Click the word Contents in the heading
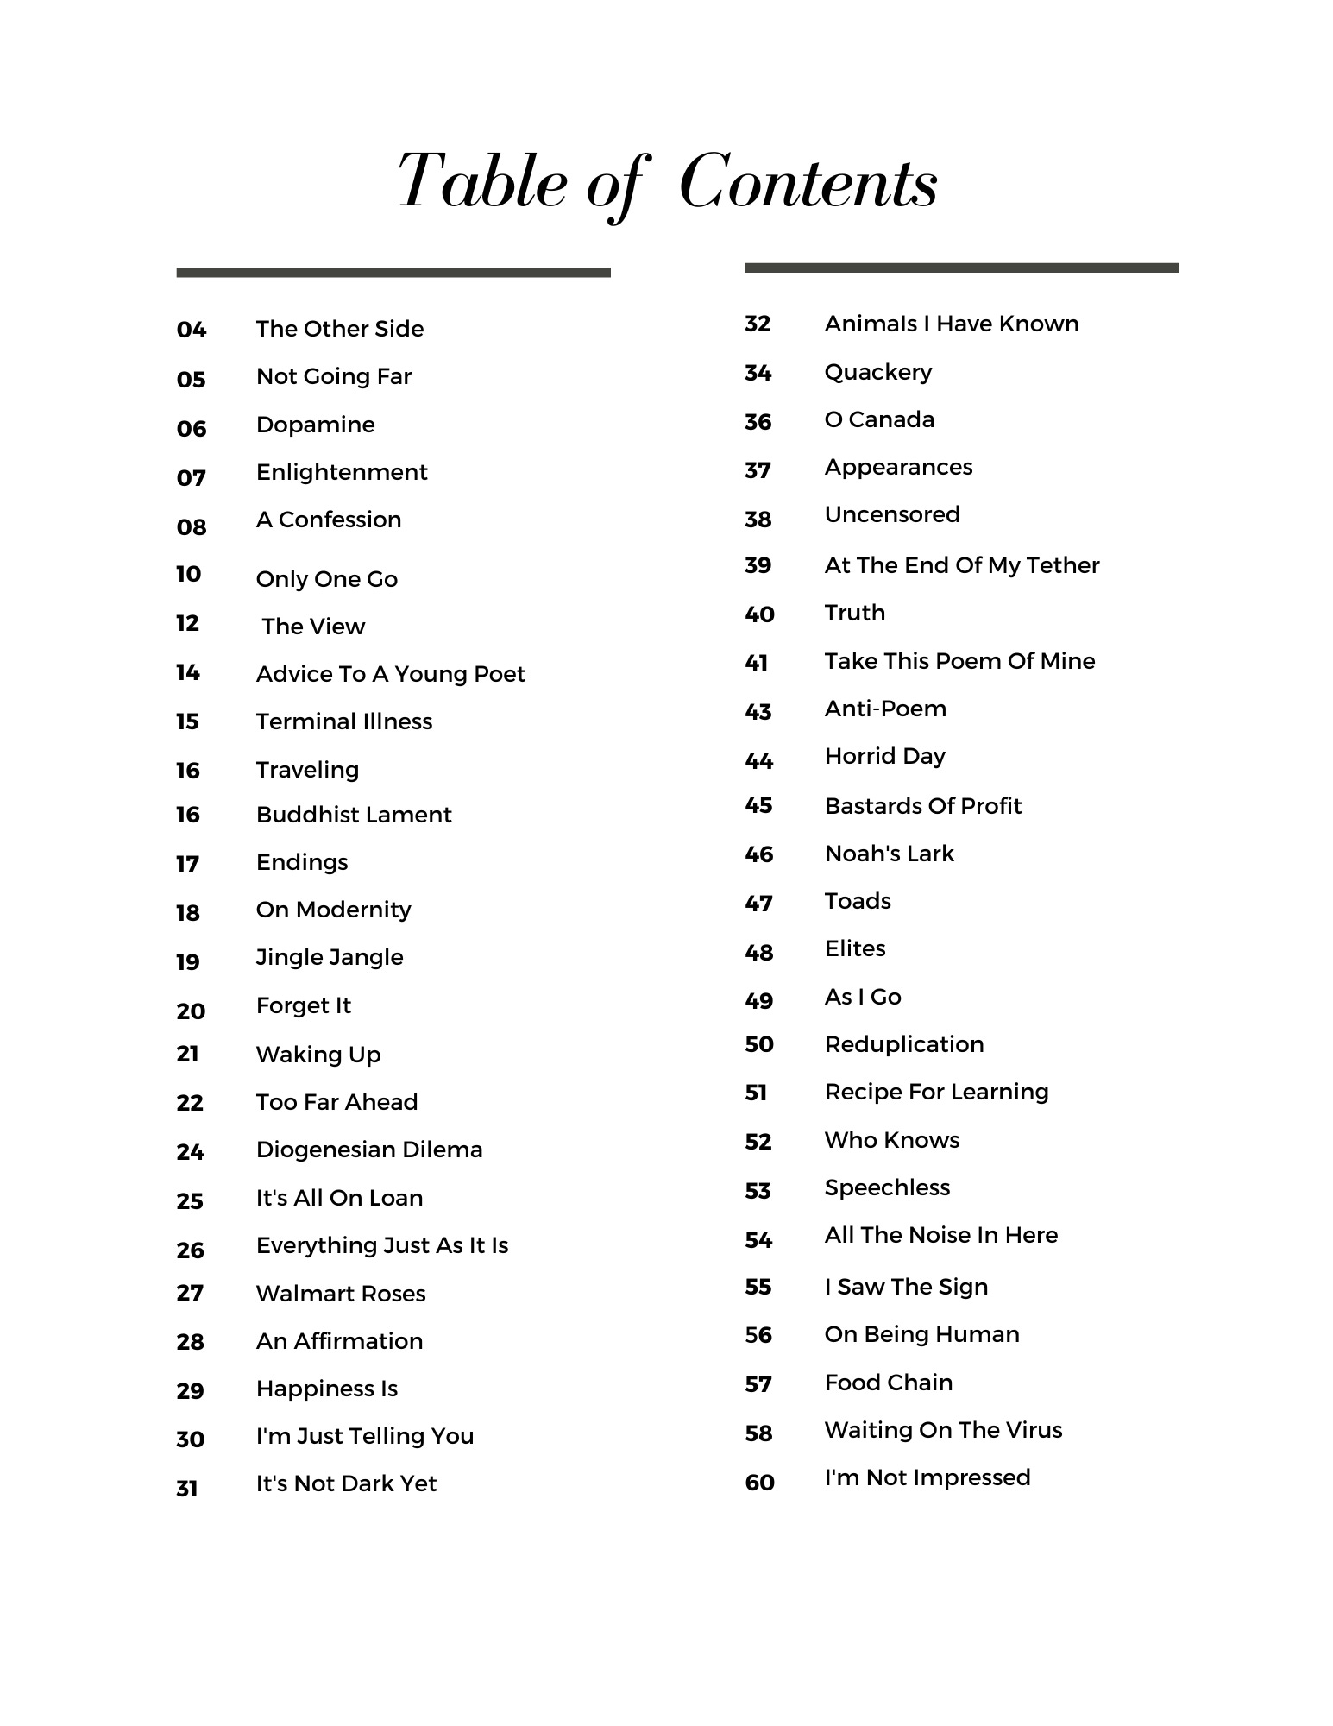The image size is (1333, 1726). click(x=808, y=183)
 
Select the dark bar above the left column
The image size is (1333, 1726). click(x=393, y=273)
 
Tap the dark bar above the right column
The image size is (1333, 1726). click(x=961, y=268)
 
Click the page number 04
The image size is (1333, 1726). click(x=192, y=330)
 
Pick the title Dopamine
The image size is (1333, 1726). click(x=315, y=425)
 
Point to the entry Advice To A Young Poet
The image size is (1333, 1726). click(x=390, y=674)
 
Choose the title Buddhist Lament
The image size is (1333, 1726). click(x=354, y=815)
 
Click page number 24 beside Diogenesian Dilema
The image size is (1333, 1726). click(x=190, y=1151)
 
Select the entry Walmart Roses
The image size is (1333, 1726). click(x=341, y=1294)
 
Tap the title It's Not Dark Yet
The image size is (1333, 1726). click(x=346, y=1483)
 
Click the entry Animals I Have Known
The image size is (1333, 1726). click(x=951, y=324)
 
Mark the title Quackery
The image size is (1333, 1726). click(x=877, y=372)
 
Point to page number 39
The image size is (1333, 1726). click(x=758, y=565)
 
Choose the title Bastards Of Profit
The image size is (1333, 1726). click(x=922, y=806)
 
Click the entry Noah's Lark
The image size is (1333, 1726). click(x=889, y=854)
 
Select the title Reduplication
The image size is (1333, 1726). click(x=903, y=1044)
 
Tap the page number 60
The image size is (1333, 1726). click(x=759, y=1483)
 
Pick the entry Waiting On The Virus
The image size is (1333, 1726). click(x=943, y=1430)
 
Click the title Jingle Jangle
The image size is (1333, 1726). click(x=330, y=957)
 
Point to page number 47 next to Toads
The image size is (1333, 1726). click(x=758, y=904)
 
